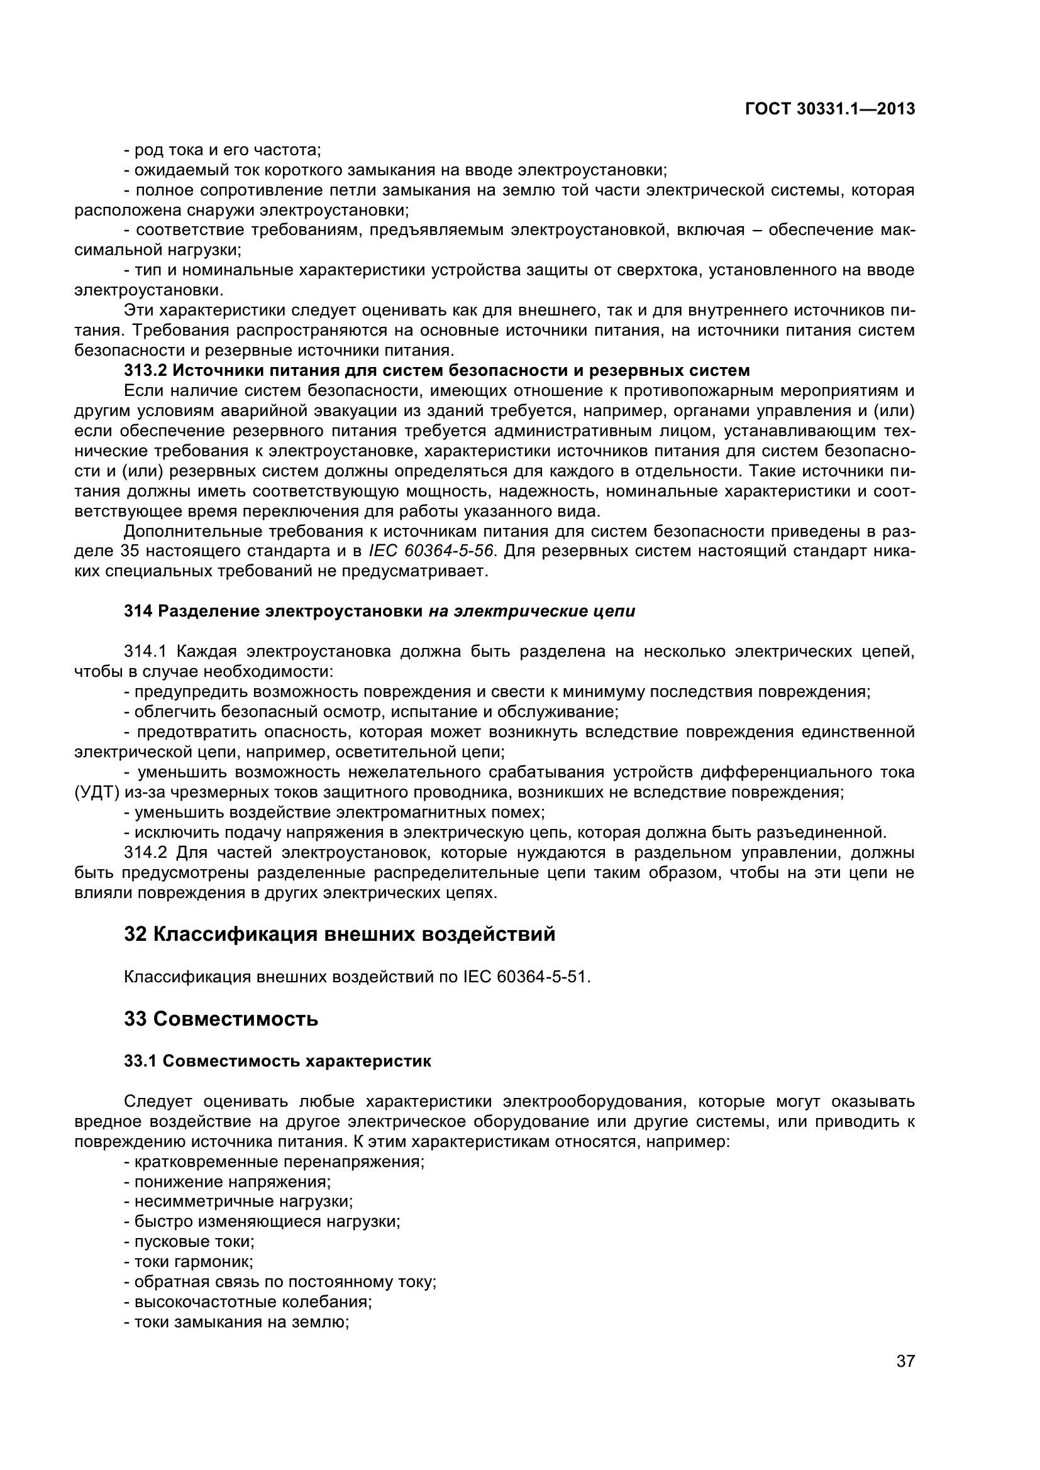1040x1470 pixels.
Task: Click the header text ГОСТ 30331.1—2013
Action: pos(830,109)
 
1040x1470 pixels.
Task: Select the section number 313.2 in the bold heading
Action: pos(145,370)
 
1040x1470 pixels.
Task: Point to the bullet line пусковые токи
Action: pos(189,1242)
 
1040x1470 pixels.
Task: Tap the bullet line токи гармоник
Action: pos(189,1262)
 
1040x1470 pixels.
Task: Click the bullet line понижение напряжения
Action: pos(228,1182)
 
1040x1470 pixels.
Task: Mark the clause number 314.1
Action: pos(145,652)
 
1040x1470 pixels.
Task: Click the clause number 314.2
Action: pos(145,852)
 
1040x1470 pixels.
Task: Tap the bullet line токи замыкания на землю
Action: pos(237,1322)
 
